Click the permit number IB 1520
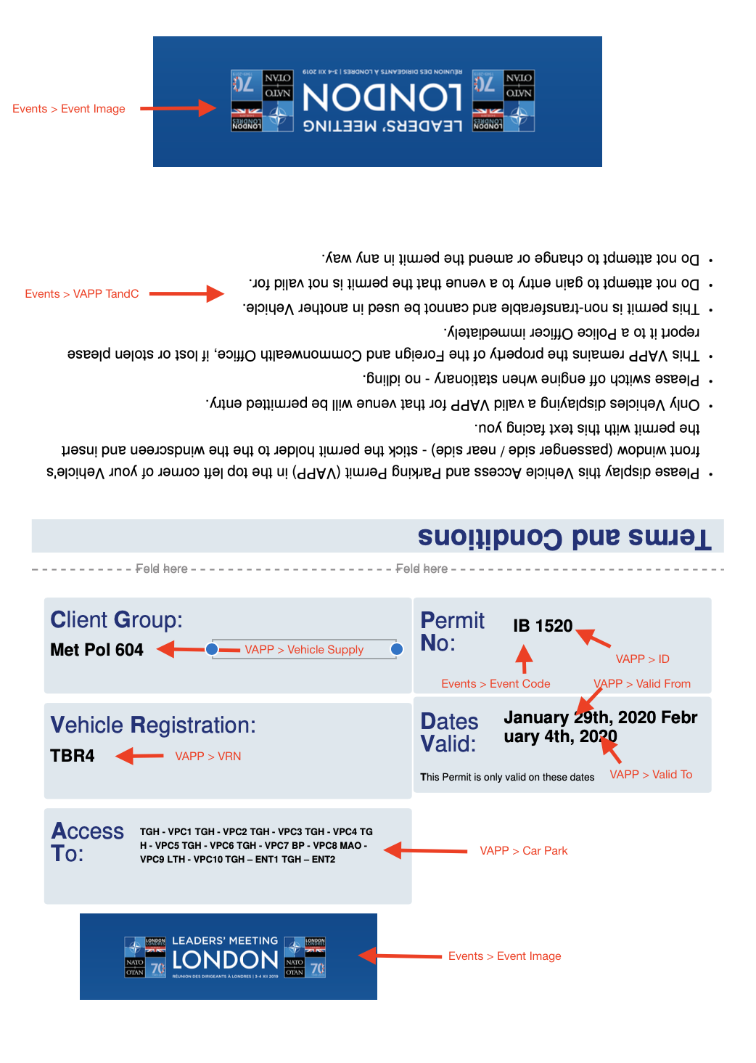point(543,626)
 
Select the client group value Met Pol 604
point(96,650)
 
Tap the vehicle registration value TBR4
point(73,756)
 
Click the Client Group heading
point(116,620)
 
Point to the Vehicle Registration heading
point(153,725)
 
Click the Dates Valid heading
point(449,733)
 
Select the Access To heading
point(87,842)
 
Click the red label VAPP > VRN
point(208,757)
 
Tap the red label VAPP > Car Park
point(523,851)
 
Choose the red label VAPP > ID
point(642,659)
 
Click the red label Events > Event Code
point(496,684)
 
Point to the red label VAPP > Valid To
point(651,775)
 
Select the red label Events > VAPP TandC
point(82,294)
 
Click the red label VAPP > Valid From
point(642,684)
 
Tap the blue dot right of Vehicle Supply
point(397,649)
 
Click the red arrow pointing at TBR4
point(139,756)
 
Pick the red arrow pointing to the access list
point(425,850)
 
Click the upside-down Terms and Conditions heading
point(564,537)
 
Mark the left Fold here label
point(161,569)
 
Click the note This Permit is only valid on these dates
point(507,777)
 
